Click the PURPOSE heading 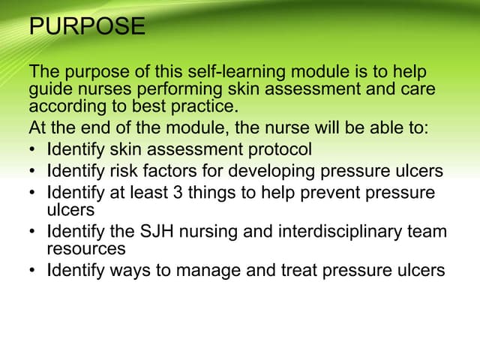pyautogui.click(x=87, y=27)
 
